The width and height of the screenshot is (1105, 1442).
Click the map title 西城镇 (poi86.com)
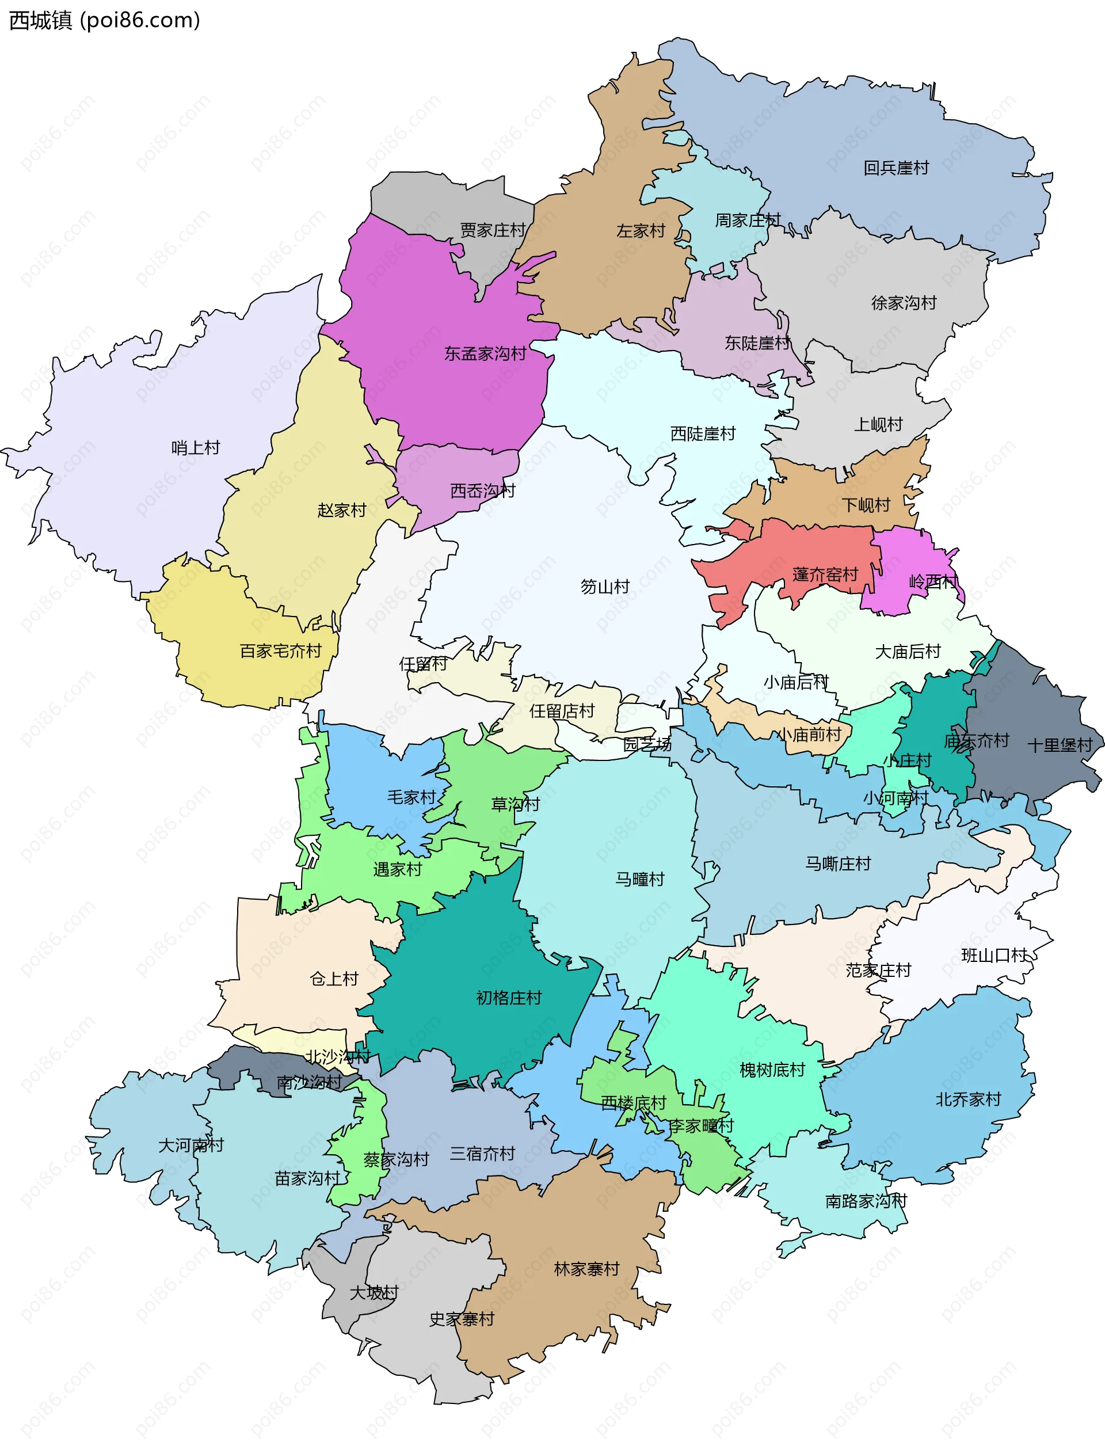[104, 20]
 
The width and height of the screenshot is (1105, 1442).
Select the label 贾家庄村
[492, 230]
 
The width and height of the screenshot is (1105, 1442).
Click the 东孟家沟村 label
[485, 354]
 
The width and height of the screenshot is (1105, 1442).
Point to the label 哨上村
[195, 448]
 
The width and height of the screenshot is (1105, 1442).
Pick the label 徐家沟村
[903, 303]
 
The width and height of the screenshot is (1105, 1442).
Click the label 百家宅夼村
[280, 651]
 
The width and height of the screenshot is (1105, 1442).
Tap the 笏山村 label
[604, 586]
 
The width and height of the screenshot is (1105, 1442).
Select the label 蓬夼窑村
[825, 574]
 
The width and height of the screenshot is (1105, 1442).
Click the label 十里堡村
[1060, 745]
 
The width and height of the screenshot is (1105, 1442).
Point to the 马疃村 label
[639, 879]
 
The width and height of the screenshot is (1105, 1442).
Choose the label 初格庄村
[508, 998]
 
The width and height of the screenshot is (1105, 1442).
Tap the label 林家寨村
[586, 1269]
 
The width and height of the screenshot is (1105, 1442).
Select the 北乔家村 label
[967, 1099]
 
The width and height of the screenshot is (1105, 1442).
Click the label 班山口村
[994, 955]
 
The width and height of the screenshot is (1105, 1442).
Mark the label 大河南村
[190, 1146]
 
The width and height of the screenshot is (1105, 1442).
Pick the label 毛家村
[411, 797]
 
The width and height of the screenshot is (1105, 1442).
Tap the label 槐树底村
[772, 1070]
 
